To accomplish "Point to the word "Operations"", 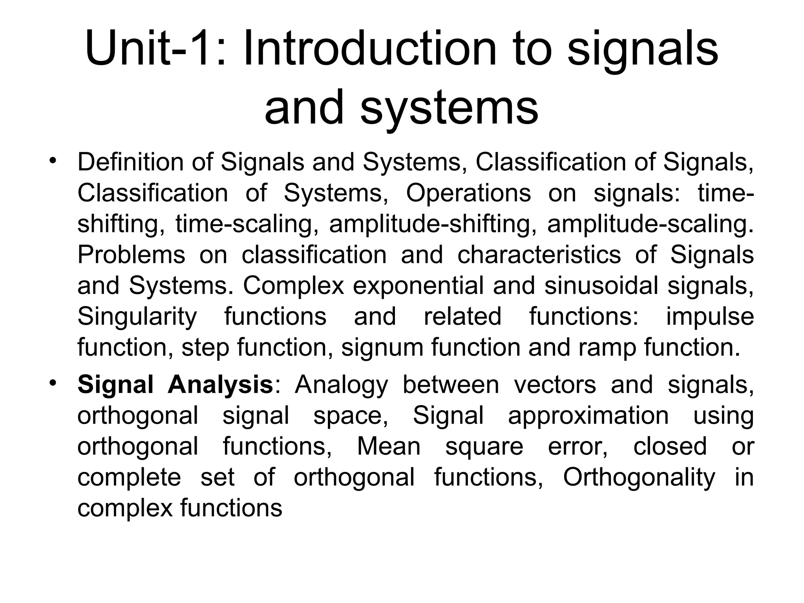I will click(x=468, y=193).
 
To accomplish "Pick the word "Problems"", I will click(x=131, y=254).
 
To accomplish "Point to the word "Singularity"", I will click(x=137, y=316).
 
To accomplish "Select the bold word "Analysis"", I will click(x=220, y=384).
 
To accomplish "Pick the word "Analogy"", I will click(x=341, y=384).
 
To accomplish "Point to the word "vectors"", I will click(x=555, y=384).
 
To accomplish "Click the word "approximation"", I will click(x=588, y=415).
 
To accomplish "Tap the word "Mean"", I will click(x=389, y=446).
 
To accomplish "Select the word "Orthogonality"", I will click(x=639, y=477).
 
